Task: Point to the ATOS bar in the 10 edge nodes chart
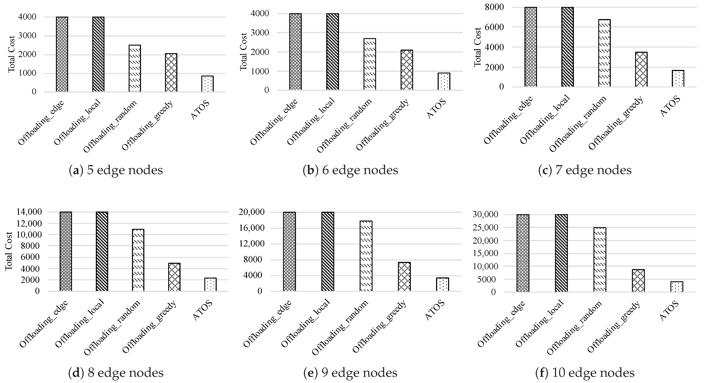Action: coord(677,287)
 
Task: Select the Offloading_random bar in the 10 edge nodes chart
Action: coord(600,260)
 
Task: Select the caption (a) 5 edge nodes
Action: coord(115,170)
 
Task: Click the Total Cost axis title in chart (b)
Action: coord(244,52)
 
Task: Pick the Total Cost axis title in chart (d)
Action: coord(9,251)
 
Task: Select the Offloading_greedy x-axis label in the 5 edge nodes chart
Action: coord(148,126)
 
